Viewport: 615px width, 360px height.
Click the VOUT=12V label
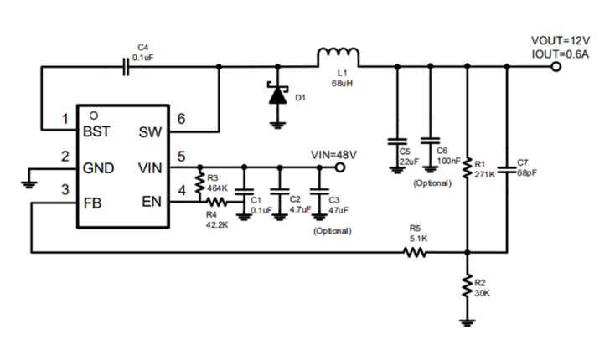(x=561, y=40)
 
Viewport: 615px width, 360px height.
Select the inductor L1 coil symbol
(x=338, y=56)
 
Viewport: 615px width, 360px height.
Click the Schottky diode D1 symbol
(x=276, y=93)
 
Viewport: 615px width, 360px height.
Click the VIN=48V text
(x=333, y=155)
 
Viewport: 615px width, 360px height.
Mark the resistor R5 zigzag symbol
(x=416, y=252)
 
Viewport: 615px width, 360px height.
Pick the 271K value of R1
(x=485, y=175)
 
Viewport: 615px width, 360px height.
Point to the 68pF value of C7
(x=528, y=174)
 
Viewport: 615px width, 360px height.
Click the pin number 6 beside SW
(x=182, y=120)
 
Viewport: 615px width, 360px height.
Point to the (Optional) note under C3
(x=332, y=230)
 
